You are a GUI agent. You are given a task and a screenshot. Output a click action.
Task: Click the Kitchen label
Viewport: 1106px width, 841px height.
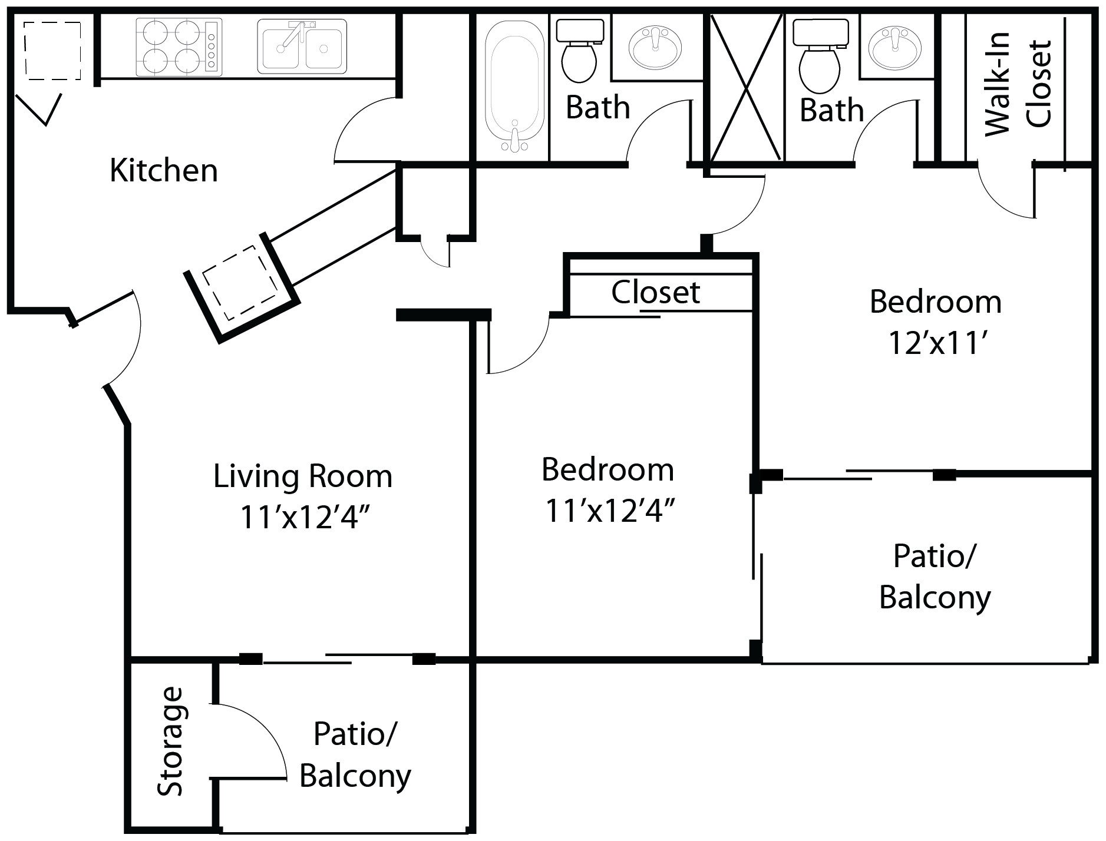click(x=164, y=171)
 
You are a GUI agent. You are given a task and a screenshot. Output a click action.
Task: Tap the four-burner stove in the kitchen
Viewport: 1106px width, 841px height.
click(x=179, y=47)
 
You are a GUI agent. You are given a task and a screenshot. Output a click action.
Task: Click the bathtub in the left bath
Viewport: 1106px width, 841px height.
click(x=514, y=86)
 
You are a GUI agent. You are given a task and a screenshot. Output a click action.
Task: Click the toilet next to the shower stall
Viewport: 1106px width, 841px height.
click(x=820, y=56)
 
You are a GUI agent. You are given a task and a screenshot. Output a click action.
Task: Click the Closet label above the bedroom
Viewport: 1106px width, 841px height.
click(x=655, y=292)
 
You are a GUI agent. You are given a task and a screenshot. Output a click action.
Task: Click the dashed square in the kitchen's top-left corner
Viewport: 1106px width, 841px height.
click(x=52, y=51)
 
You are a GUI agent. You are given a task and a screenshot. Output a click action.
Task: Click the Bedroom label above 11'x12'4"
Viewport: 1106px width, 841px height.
click(x=608, y=470)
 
